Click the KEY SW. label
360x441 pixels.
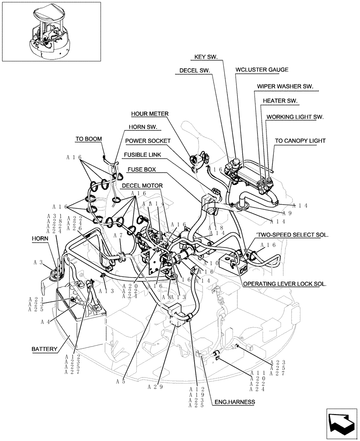pyautogui.click(x=209, y=57)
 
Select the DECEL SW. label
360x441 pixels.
pyautogui.click(x=195, y=70)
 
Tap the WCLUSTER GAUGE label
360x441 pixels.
pyautogui.click(x=262, y=70)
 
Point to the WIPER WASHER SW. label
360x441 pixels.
pyautogui.click(x=285, y=87)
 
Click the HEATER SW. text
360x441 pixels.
pyautogui.click(x=280, y=101)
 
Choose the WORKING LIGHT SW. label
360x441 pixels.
pyautogui.click(x=295, y=117)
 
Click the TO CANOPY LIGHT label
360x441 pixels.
pyautogui.click(x=300, y=141)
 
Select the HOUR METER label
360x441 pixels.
pyautogui.click(x=150, y=114)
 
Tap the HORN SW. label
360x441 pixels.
pyautogui.click(x=143, y=127)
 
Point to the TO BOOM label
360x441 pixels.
pyautogui.click(x=88, y=138)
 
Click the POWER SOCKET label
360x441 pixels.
pyautogui.click(x=147, y=141)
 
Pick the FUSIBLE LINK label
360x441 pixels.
pyautogui.click(x=142, y=155)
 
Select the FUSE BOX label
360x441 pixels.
pyautogui.click(x=142, y=169)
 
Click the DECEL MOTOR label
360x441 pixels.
pyautogui.click(x=142, y=185)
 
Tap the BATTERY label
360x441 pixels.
pyautogui.click(x=44, y=349)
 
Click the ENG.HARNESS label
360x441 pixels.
pyautogui.click(x=235, y=402)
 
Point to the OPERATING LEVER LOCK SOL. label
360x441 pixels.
pyautogui.click(x=285, y=284)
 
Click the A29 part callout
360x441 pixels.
pyautogui.click(x=155, y=387)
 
